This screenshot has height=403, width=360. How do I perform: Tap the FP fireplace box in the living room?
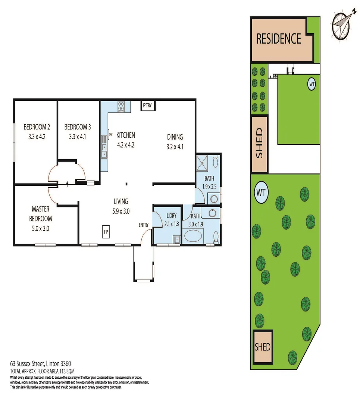coord(106,231)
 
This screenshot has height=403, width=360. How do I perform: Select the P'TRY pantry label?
coord(148,106)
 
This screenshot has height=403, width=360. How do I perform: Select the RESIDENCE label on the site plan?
coord(279,39)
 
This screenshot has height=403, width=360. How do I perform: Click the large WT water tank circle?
coord(262,193)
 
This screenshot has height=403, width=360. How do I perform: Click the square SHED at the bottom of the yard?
coord(262,347)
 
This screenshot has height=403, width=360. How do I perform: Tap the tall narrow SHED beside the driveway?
coord(259,144)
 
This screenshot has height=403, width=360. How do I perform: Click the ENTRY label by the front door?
coord(144,225)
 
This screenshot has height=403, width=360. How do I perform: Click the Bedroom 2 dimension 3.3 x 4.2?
coord(37,137)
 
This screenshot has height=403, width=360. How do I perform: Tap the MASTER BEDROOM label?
coord(41,214)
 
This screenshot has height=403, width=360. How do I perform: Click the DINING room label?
coord(175,137)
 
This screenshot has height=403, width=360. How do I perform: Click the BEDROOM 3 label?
coord(78,126)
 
